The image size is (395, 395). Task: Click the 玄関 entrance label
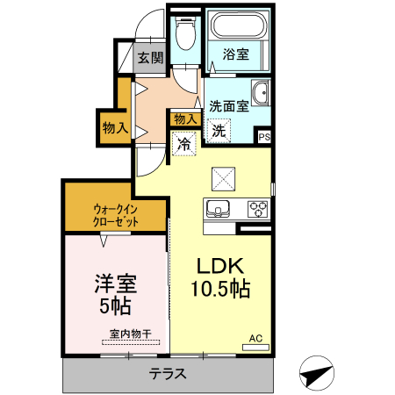tap(150, 59)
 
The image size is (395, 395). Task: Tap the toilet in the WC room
tap(184, 36)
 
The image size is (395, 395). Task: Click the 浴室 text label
tap(235, 54)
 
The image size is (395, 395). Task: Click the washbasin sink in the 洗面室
tap(260, 95)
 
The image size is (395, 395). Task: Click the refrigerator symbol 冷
tap(183, 143)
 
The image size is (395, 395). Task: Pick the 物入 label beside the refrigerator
tap(185, 118)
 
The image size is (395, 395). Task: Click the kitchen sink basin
tap(217, 209)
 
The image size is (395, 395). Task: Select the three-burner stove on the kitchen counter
tap(257, 208)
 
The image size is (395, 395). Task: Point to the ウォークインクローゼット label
tap(116, 215)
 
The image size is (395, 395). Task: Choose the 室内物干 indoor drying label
tap(130, 334)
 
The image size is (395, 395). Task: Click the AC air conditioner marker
tap(255, 338)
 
